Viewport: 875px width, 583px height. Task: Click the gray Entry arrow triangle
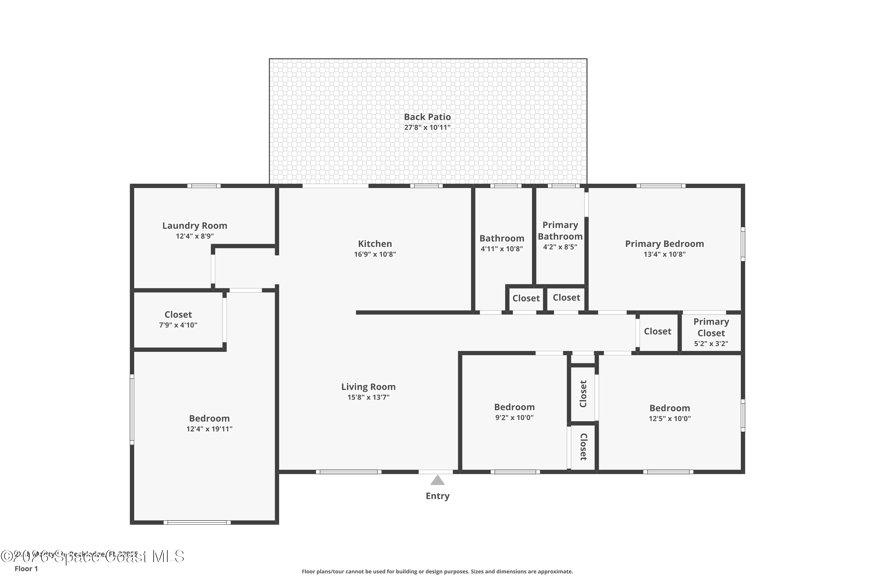pos(437,480)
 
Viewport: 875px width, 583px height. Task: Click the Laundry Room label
pos(195,226)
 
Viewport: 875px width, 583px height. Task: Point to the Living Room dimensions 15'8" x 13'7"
pos(368,397)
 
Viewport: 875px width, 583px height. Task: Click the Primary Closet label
pos(711,327)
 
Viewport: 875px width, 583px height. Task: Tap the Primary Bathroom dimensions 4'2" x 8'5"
pos(560,247)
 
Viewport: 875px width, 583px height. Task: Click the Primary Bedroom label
pos(664,244)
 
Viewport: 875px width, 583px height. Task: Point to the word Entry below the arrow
pos(437,496)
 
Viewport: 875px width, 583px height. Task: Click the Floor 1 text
pos(26,568)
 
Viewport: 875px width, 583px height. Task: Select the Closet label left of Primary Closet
pos(657,331)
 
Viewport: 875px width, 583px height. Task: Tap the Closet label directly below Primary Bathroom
pos(566,297)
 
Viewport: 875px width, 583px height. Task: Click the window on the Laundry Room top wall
pos(204,186)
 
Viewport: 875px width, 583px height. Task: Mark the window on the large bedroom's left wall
pos(132,409)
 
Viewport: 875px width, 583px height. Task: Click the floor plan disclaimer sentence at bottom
pos(437,571)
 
